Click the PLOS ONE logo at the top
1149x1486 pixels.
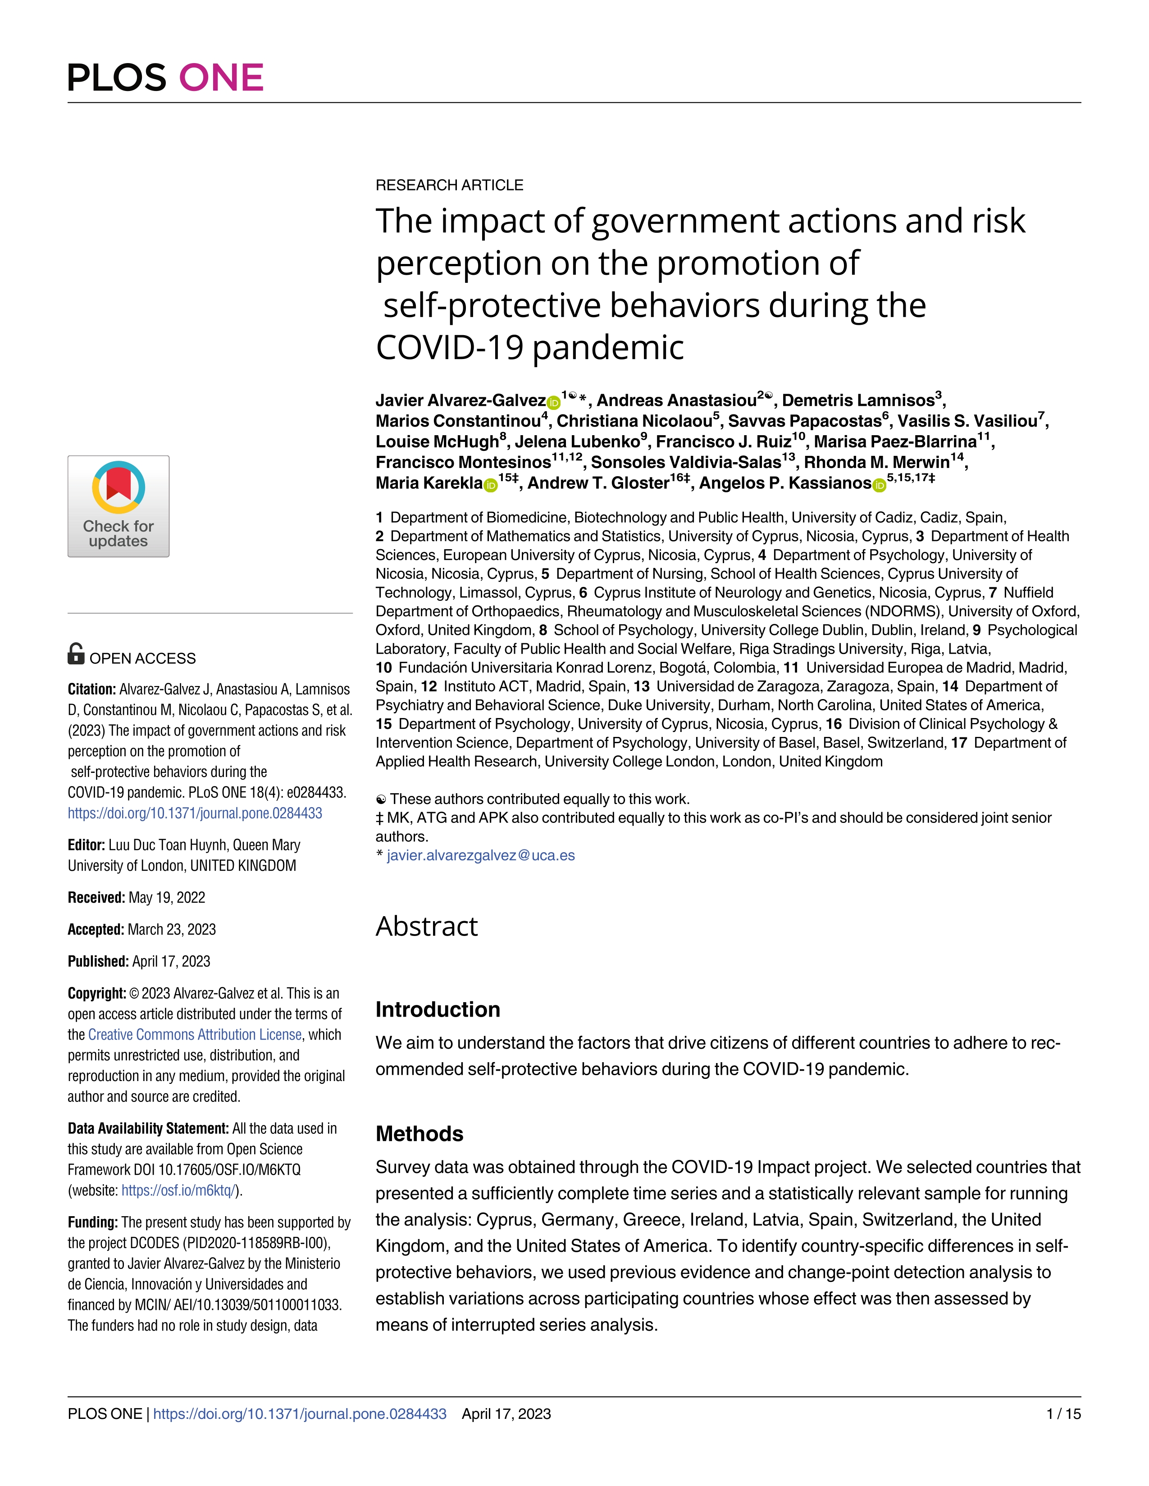(x=165, y=77)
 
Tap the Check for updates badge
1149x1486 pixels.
(x=119, y=506)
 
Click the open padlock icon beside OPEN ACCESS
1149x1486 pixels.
(x=76, y=654)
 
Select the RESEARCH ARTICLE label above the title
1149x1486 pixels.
(x=449, y=185)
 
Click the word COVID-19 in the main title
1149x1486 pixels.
(x=449, y=348)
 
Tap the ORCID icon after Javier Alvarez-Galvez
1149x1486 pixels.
(x=553, y=402)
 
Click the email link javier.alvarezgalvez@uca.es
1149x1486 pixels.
(x=481, y=855)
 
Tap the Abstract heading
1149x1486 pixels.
(x=427, y=926)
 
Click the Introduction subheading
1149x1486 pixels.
(x=438, y=1009)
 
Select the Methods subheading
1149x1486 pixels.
(x=419, y=1134)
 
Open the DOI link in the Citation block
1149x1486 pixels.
(x=195, y=813)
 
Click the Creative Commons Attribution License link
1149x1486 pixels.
(x=195, y=1034)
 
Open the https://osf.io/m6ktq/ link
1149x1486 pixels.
(x=179, y=1191)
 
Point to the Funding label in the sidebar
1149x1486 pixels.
(x=92, y=1222)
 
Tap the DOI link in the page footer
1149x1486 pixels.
(x=300, y=1414)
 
